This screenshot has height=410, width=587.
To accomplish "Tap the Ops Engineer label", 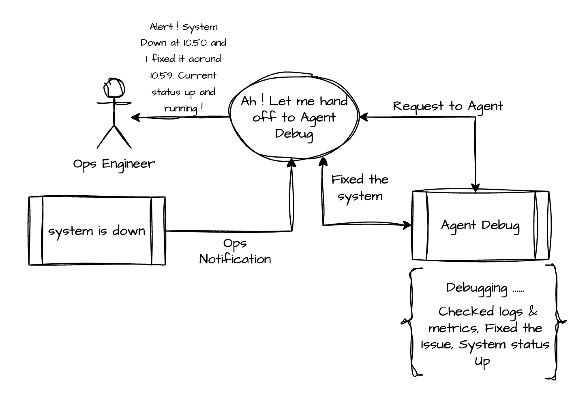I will pos(114,164).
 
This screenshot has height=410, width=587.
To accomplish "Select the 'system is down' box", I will pos(97,231).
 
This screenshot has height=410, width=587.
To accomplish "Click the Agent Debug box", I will pos(480,225).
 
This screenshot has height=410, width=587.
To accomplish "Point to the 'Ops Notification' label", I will pos(235,251).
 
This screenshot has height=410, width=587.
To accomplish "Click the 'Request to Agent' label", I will pos(448,106).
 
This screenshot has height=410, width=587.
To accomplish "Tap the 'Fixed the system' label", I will pos(360,188).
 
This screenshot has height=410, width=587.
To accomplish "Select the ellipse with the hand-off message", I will pos(294,117).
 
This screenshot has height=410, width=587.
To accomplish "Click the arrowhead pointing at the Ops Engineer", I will pos(135,117).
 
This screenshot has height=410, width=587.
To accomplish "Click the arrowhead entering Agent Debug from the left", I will pos(407,225).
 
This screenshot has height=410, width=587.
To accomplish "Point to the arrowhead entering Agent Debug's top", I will pos(476,188).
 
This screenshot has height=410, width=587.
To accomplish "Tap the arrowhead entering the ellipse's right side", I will pos(363,117).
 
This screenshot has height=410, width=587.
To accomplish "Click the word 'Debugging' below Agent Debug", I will pos(477,288).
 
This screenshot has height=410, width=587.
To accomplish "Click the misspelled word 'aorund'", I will pos(205,59).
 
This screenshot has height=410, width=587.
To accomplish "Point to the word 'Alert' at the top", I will pos(161,27).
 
